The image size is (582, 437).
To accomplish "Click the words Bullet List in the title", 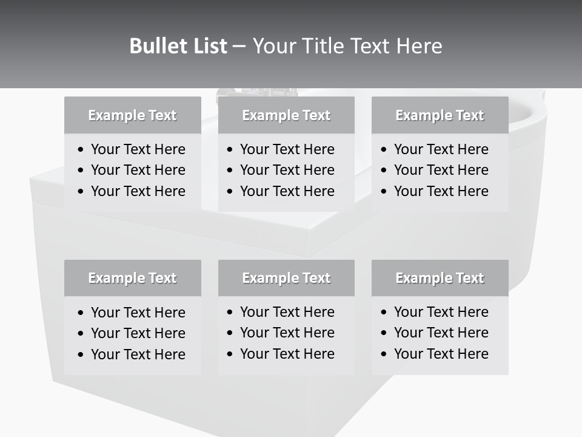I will (x=178, y=46).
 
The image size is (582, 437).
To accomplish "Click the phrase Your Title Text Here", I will (x=347, y=46).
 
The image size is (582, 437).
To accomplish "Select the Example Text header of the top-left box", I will (x=132, y=115).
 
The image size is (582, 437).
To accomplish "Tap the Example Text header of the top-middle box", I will (x=286, y=115).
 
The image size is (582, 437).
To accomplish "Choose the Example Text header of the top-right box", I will (x=440, y=115).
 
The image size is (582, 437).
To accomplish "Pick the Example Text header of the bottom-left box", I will (x=132, y=278).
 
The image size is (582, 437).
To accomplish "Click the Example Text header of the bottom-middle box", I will (x=286, y=278).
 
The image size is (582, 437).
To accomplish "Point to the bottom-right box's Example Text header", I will (x=440, y=278).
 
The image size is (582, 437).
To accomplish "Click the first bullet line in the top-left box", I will (x=138, y=149).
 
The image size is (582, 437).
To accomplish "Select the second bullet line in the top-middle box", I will (x=287, y=170).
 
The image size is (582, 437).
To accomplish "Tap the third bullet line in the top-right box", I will (x=441, y=191).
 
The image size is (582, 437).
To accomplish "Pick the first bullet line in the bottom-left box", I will (x=138, y=313).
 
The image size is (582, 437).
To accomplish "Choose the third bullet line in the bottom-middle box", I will (x=287, y=354).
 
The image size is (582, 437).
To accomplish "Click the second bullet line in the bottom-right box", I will (x=441, y=333).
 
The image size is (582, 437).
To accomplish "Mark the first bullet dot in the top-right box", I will (x=384, y=150).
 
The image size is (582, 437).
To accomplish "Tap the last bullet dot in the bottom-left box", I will (x=81, y=355).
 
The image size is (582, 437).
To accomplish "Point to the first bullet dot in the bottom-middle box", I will (x=230, y=313).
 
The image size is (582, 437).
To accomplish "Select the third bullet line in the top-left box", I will (x=138, y=191).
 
